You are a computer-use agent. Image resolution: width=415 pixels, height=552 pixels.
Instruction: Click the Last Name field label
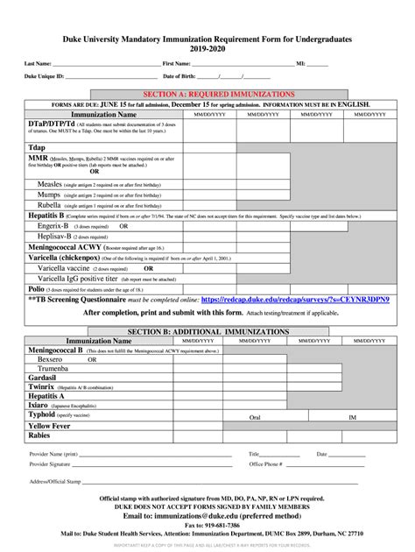point(38,64)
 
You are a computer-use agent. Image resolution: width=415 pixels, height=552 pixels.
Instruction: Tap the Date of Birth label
point(179,77)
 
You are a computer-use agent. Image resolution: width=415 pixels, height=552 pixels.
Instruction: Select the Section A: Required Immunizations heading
point(208,93)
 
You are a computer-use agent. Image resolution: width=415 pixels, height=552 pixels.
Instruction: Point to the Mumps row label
point(52,195)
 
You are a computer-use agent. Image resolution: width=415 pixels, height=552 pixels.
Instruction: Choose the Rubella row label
point(54,205)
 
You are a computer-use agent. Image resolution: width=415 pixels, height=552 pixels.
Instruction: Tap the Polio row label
point(37,287)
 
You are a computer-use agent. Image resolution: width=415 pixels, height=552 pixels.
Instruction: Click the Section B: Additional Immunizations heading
point(208,331)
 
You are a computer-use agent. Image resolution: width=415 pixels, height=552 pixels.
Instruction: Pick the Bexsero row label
point(50,359)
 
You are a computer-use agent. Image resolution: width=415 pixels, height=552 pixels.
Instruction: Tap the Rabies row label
point(39,435)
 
